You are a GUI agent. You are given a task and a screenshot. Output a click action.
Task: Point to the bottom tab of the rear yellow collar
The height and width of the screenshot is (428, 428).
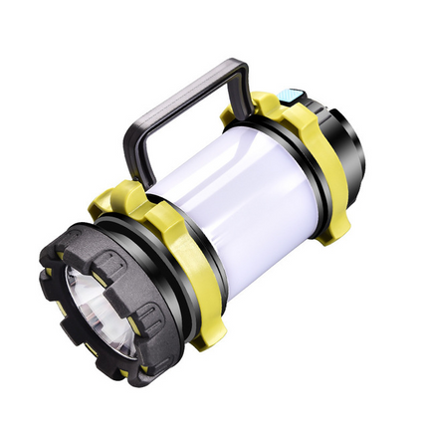pos(333,224)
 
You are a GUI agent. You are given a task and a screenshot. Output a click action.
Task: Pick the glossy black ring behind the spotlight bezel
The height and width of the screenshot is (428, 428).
pos(149,299)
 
